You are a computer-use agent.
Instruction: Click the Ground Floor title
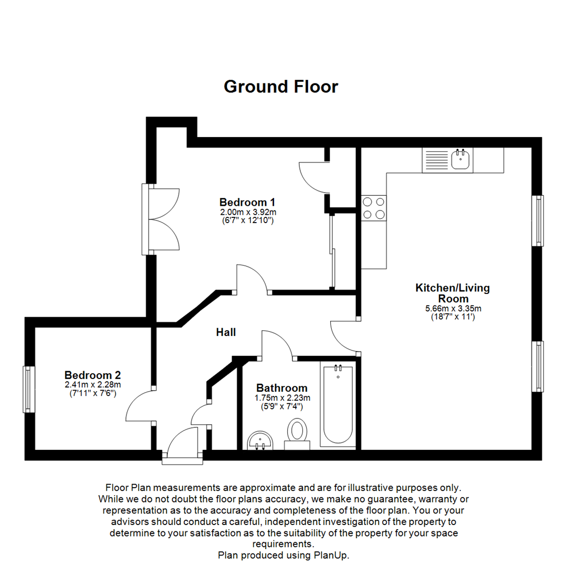click(281, 87)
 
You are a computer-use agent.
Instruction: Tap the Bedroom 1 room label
click(247, 202)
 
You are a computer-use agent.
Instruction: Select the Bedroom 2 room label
click(93, 375)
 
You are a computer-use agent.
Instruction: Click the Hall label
click(226, 332)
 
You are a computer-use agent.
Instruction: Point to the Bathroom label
click(282, 388)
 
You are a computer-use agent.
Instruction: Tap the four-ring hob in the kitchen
click(374, 207)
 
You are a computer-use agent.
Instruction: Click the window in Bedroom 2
click(28, 389)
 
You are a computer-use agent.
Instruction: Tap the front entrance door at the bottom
click(182, 446)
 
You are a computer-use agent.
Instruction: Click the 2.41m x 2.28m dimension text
click(93, 385)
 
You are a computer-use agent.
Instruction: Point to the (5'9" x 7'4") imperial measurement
click(282, 406)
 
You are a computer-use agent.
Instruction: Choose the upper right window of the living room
click(538, 220)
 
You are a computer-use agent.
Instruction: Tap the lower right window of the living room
click(538, 366)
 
